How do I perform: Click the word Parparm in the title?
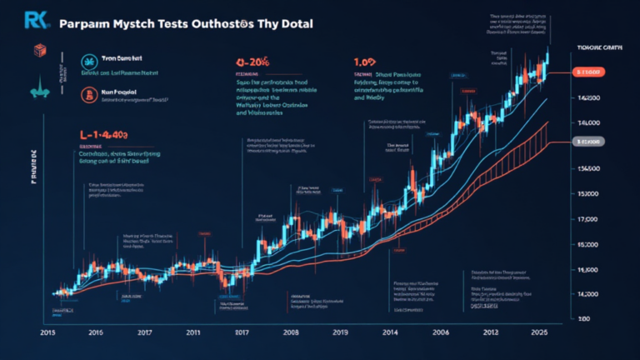coord(87,24)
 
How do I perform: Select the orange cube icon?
coord(37,52)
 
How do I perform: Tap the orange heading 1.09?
coord(364,61)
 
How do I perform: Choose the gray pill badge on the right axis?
coord(592,143)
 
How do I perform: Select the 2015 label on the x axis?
coord(48,332)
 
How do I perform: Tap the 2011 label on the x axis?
coord(193,332)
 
